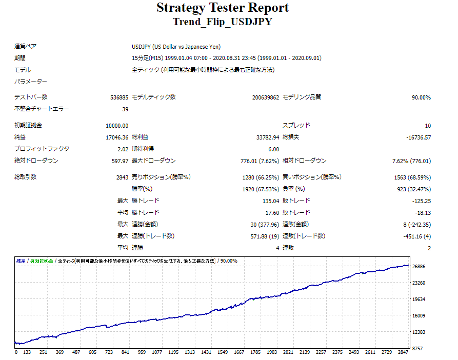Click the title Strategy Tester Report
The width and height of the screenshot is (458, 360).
223,8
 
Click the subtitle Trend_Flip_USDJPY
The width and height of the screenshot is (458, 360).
223,22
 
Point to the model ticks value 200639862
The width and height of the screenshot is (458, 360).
266,97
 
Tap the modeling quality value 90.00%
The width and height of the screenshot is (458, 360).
421,97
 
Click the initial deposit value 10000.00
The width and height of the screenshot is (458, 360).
117,126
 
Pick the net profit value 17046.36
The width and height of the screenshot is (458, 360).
117,137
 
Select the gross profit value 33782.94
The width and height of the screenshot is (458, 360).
268,137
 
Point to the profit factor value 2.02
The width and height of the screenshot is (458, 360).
123,149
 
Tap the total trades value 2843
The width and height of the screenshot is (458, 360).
122,177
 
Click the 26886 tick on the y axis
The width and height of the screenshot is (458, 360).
420,267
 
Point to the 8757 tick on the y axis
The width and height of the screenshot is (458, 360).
418,348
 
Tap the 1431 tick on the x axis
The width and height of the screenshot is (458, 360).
206,353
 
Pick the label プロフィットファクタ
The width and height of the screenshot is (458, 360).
42,149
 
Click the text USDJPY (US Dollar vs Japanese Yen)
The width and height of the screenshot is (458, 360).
183,46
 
